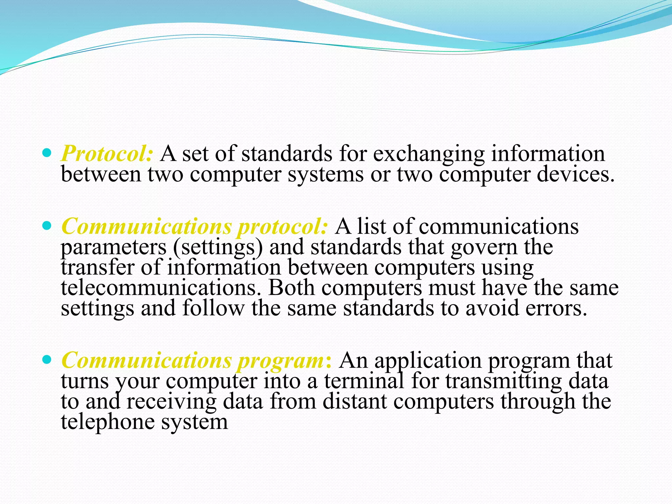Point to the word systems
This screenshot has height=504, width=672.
[326, 175]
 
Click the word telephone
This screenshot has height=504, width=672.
[108, 422]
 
